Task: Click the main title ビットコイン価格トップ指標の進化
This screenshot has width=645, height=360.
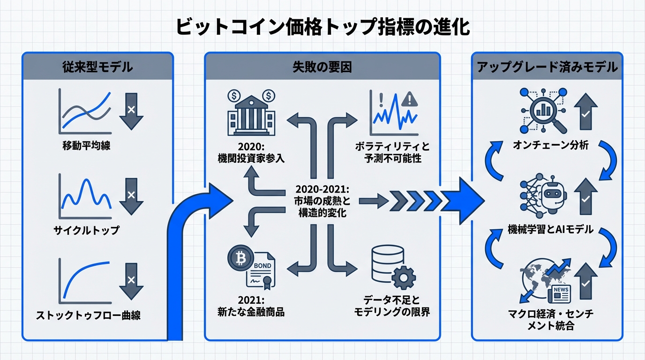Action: pyautogui.click(x=322, y=27)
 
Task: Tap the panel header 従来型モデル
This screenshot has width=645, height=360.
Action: pyautogui.click(x=97, y=67)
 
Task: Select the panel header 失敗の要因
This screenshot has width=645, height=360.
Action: pyautogui.click(x=322, y=67)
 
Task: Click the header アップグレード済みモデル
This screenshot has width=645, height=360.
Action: pyautogui.click(x=547, y=67)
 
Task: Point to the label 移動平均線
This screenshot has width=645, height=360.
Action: pyautogui.click(x=86, y=146)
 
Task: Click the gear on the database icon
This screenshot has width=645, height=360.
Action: pyautogui.click(x=403, y=277)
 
